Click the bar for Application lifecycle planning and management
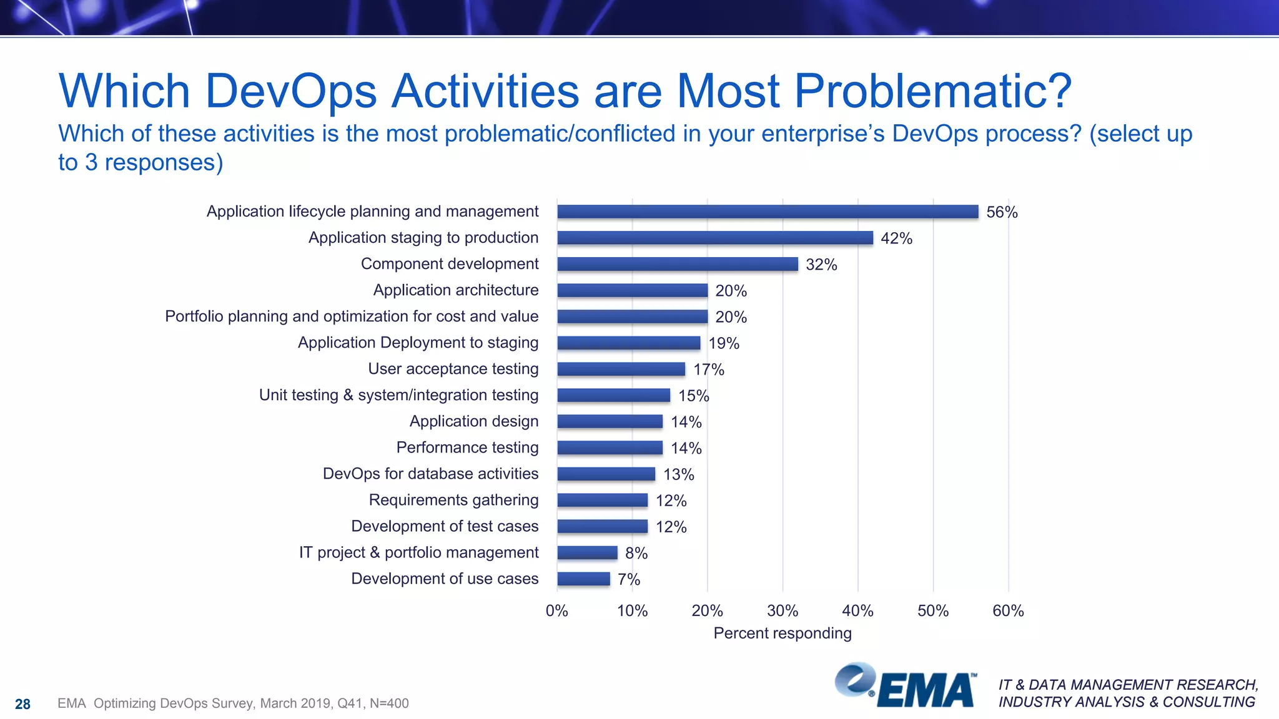768,212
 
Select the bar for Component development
678,264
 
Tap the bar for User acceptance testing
621,369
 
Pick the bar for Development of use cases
583,579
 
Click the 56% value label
1002,212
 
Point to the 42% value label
896,238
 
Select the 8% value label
636,553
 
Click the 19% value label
723,343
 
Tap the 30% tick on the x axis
783,610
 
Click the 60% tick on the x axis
1008,610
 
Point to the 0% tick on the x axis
556,610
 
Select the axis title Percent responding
782,633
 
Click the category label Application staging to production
423,238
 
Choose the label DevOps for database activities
430,474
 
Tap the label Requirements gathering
453,500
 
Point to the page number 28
22,704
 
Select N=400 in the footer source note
389,703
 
